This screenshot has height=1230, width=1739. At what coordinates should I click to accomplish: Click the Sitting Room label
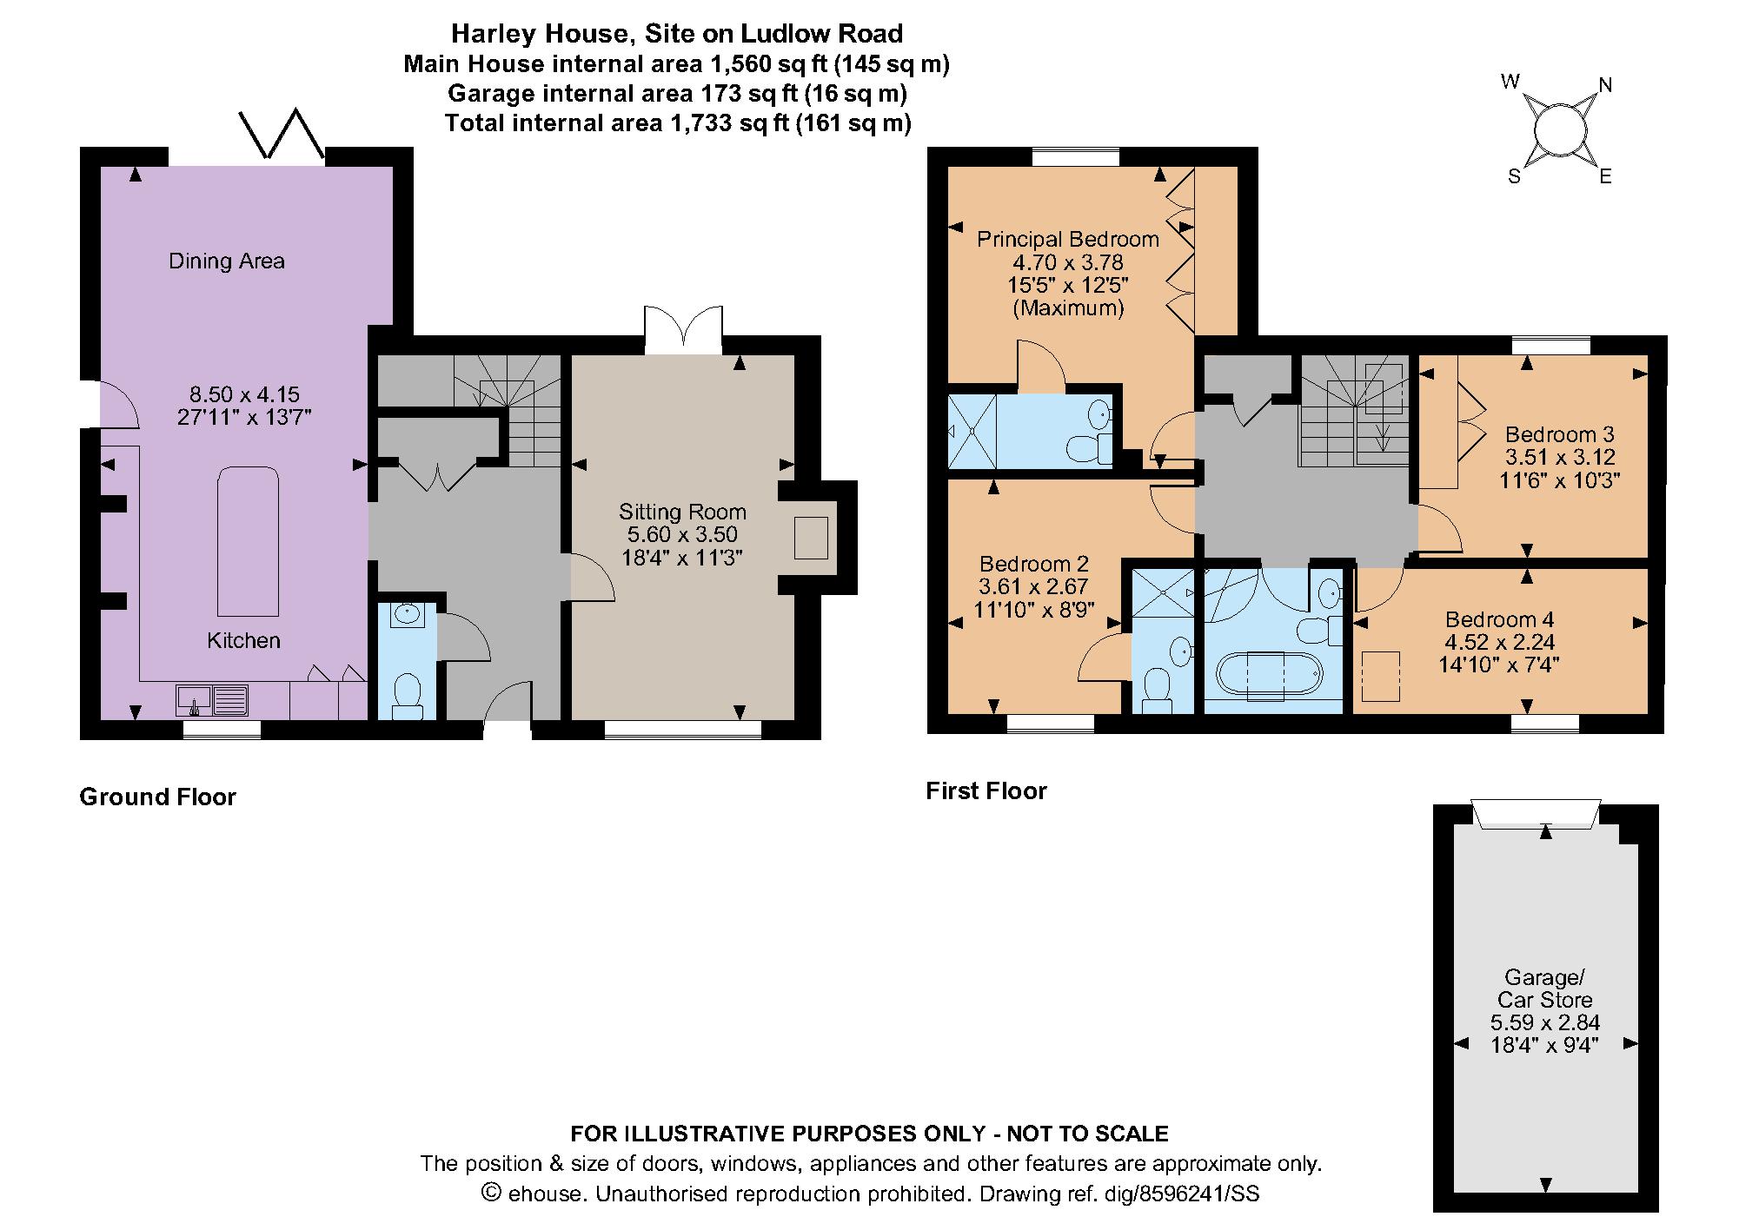(682, 512)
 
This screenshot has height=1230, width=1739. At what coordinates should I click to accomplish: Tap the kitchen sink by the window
(213, 700)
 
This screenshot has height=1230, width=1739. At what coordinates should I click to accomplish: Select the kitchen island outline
(249, 541)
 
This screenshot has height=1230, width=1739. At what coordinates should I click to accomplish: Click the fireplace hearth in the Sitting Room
(812, 538)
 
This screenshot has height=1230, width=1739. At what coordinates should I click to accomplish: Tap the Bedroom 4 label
(1499, 619)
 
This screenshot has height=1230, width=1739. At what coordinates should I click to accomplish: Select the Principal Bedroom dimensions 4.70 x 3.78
(1068, 262)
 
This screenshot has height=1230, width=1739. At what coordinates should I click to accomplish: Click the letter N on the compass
(1605, 85)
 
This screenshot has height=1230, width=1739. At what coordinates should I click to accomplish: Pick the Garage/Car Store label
(1544, 989)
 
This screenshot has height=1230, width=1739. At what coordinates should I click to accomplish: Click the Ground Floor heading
(157, 797)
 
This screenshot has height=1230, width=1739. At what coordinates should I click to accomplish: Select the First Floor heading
(986, 790)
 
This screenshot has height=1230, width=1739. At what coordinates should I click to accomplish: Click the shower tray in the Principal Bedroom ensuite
(972, 430)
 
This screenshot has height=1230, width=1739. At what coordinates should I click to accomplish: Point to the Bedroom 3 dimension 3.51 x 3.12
(1560, 457)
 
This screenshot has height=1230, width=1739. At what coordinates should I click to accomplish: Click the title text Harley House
(539, 34)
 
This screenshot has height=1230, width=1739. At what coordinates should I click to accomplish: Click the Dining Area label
(227, 261)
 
